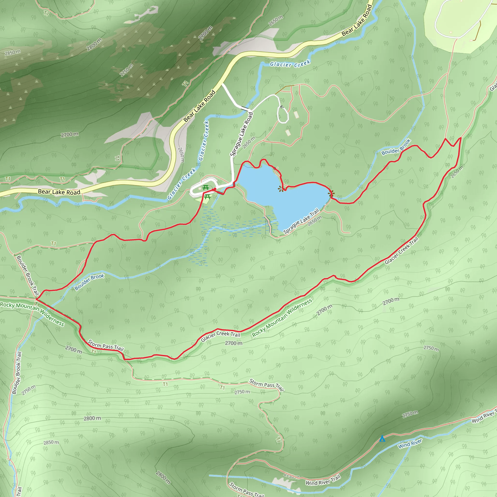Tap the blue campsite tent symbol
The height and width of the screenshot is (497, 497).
(x=382, y=438)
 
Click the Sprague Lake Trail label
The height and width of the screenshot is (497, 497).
(x=301, y=221)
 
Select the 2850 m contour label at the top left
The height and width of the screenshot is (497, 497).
(x=13, y=52)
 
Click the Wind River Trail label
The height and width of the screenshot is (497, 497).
(x=323, y=480)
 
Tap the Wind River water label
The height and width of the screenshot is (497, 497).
(x=410, y=444)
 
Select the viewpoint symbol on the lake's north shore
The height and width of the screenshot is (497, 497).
(x=281, y=189)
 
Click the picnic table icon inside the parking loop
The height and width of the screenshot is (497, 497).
(x=205, y=188)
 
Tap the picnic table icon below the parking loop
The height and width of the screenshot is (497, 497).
(x=207, y=197)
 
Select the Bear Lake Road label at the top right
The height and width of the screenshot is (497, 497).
(x=357, y=20)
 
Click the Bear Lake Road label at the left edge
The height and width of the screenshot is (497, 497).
(x=59, y=192)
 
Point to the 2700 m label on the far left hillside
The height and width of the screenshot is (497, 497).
(x=69, y=134)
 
